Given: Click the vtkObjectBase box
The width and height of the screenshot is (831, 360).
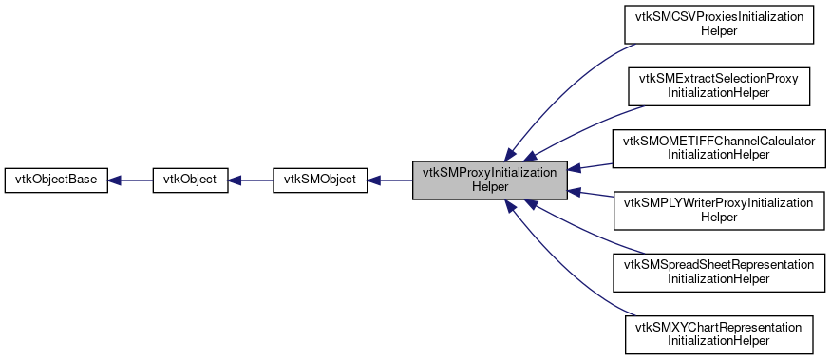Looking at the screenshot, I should point(56,180).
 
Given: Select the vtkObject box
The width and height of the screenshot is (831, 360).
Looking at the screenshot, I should point(190,180).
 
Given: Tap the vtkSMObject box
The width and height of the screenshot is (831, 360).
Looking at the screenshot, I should point(320,180).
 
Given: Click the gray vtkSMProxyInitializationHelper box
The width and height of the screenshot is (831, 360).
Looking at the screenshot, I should point(490,180).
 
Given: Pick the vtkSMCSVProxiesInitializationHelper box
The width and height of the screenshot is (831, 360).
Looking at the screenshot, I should point(719,25).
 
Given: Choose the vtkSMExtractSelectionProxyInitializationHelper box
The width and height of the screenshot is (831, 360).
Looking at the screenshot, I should point(719,86).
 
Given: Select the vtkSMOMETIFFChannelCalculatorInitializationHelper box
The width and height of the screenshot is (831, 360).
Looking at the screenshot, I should point(719,147).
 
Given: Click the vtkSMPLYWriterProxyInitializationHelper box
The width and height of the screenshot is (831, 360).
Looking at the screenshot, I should point(719,210).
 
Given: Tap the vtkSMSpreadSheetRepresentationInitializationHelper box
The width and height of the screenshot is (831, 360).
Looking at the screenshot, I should point(719,272).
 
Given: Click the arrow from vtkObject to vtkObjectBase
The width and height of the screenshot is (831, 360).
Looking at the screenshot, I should point(130,180).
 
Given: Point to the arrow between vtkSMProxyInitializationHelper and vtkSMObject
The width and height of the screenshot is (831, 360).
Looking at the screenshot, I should point(390,180).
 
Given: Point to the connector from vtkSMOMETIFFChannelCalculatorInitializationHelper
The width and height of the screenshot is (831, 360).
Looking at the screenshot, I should point(591,165).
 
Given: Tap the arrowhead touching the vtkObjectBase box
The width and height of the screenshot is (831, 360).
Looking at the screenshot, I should point(114,180).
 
